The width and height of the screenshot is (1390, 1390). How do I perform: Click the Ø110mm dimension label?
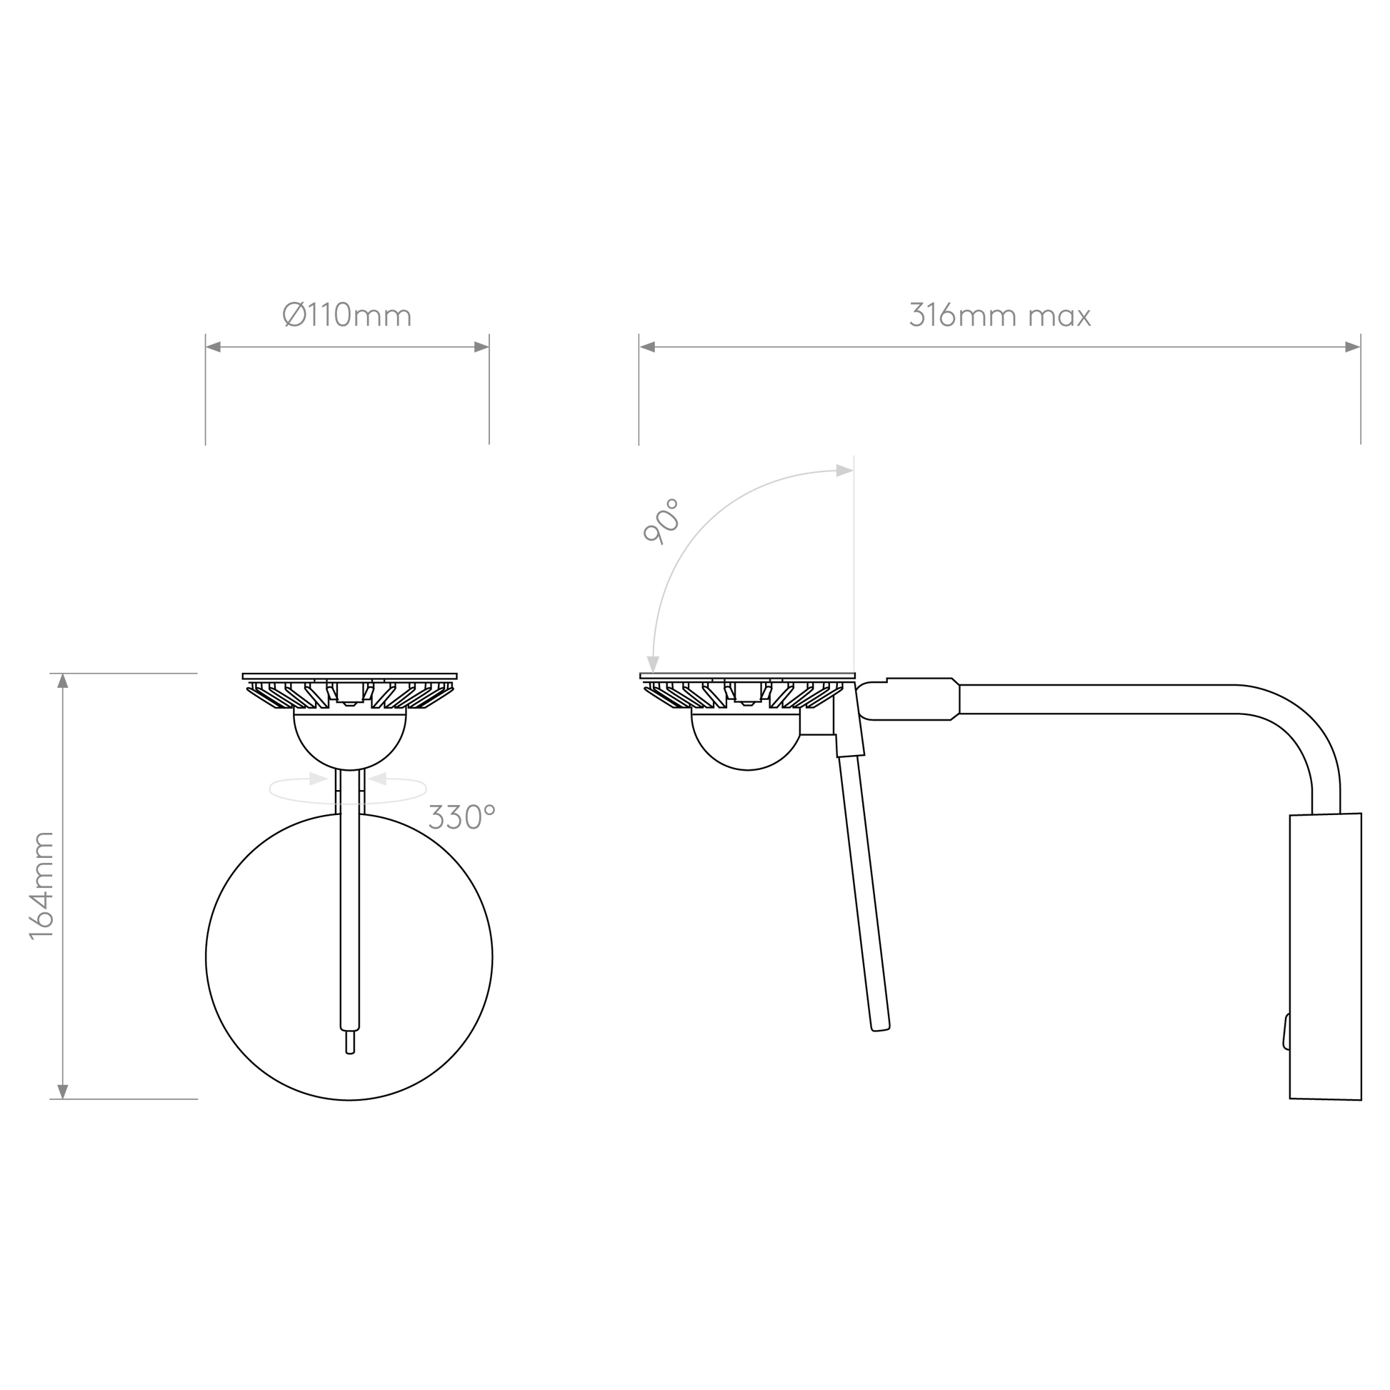point(347,315)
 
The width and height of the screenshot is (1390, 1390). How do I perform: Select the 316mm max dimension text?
point(1000,315)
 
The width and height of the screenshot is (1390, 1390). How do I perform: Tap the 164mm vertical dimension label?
point(41,886)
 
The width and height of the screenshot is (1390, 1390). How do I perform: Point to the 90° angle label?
point(661,521)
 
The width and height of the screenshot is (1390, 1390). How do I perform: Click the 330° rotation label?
point(462,817)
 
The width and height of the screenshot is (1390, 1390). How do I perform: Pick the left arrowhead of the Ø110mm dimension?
point(214,347)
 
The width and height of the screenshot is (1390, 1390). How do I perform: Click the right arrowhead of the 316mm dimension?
point(1353,347)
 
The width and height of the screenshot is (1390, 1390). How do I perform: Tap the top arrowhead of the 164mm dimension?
point(63,681)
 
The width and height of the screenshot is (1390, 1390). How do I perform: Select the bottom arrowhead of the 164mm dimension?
point(63,1091)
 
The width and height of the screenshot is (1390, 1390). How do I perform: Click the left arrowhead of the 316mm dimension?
point(648,347)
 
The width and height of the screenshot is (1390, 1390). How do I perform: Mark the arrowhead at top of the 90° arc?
point(845,471)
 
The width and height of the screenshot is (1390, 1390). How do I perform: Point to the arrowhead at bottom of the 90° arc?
point(653,664)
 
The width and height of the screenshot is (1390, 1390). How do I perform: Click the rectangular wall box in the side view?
point(1325,956)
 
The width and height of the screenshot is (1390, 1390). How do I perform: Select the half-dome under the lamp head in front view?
point(351,741)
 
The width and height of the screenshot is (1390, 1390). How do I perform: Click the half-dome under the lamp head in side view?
point(747,741)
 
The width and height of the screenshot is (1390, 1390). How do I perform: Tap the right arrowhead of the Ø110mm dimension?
point(481,347)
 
